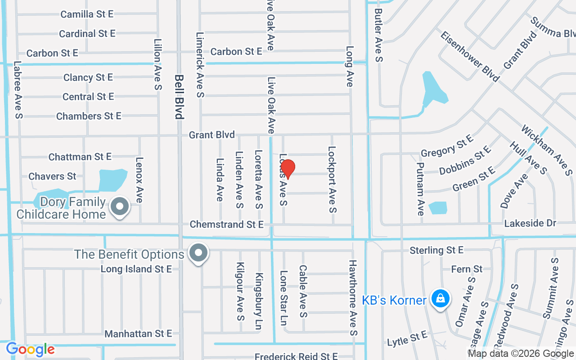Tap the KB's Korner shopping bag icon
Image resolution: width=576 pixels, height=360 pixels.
[440, 298]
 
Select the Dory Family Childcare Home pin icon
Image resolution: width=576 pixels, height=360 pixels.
[120, 207]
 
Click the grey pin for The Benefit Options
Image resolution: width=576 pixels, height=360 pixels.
[198, 253]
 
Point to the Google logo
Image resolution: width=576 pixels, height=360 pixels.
[30, 349]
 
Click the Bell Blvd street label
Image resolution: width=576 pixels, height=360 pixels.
[179, 97]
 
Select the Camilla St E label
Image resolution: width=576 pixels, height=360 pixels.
[87, 14]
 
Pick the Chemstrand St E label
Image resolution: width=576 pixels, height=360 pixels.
[226, 224]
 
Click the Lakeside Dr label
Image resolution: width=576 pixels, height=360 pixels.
[530, 223]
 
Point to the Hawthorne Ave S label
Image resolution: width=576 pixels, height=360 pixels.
[353, 297]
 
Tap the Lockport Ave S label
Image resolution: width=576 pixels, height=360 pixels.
[332, 179]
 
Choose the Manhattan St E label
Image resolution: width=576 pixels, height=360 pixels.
[138, 333]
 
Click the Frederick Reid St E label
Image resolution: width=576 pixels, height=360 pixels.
[296, 356]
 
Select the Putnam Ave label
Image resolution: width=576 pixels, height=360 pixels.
[420, 189]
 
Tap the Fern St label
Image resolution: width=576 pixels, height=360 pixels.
[467, 269]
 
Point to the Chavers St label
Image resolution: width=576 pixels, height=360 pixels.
[52, 176]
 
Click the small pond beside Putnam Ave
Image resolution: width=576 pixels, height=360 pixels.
[438, 207]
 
